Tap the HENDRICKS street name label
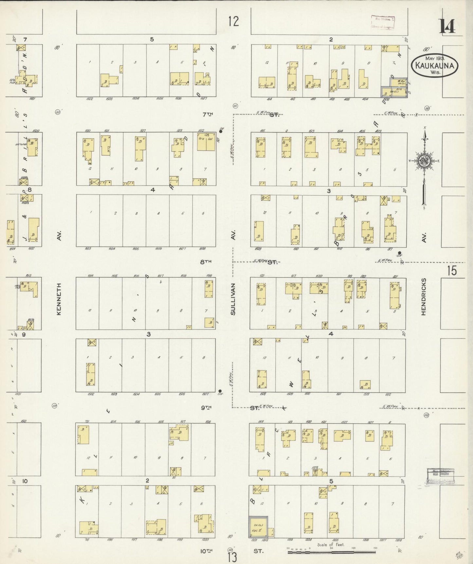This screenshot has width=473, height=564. [424, 297]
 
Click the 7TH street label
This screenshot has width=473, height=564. [208, 114]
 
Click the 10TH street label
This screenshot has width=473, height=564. [206, 551]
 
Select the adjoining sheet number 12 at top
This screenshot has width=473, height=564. [233, 22]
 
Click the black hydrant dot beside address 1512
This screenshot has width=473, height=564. [221, 132]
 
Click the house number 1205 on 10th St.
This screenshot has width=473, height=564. [335, 540]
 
